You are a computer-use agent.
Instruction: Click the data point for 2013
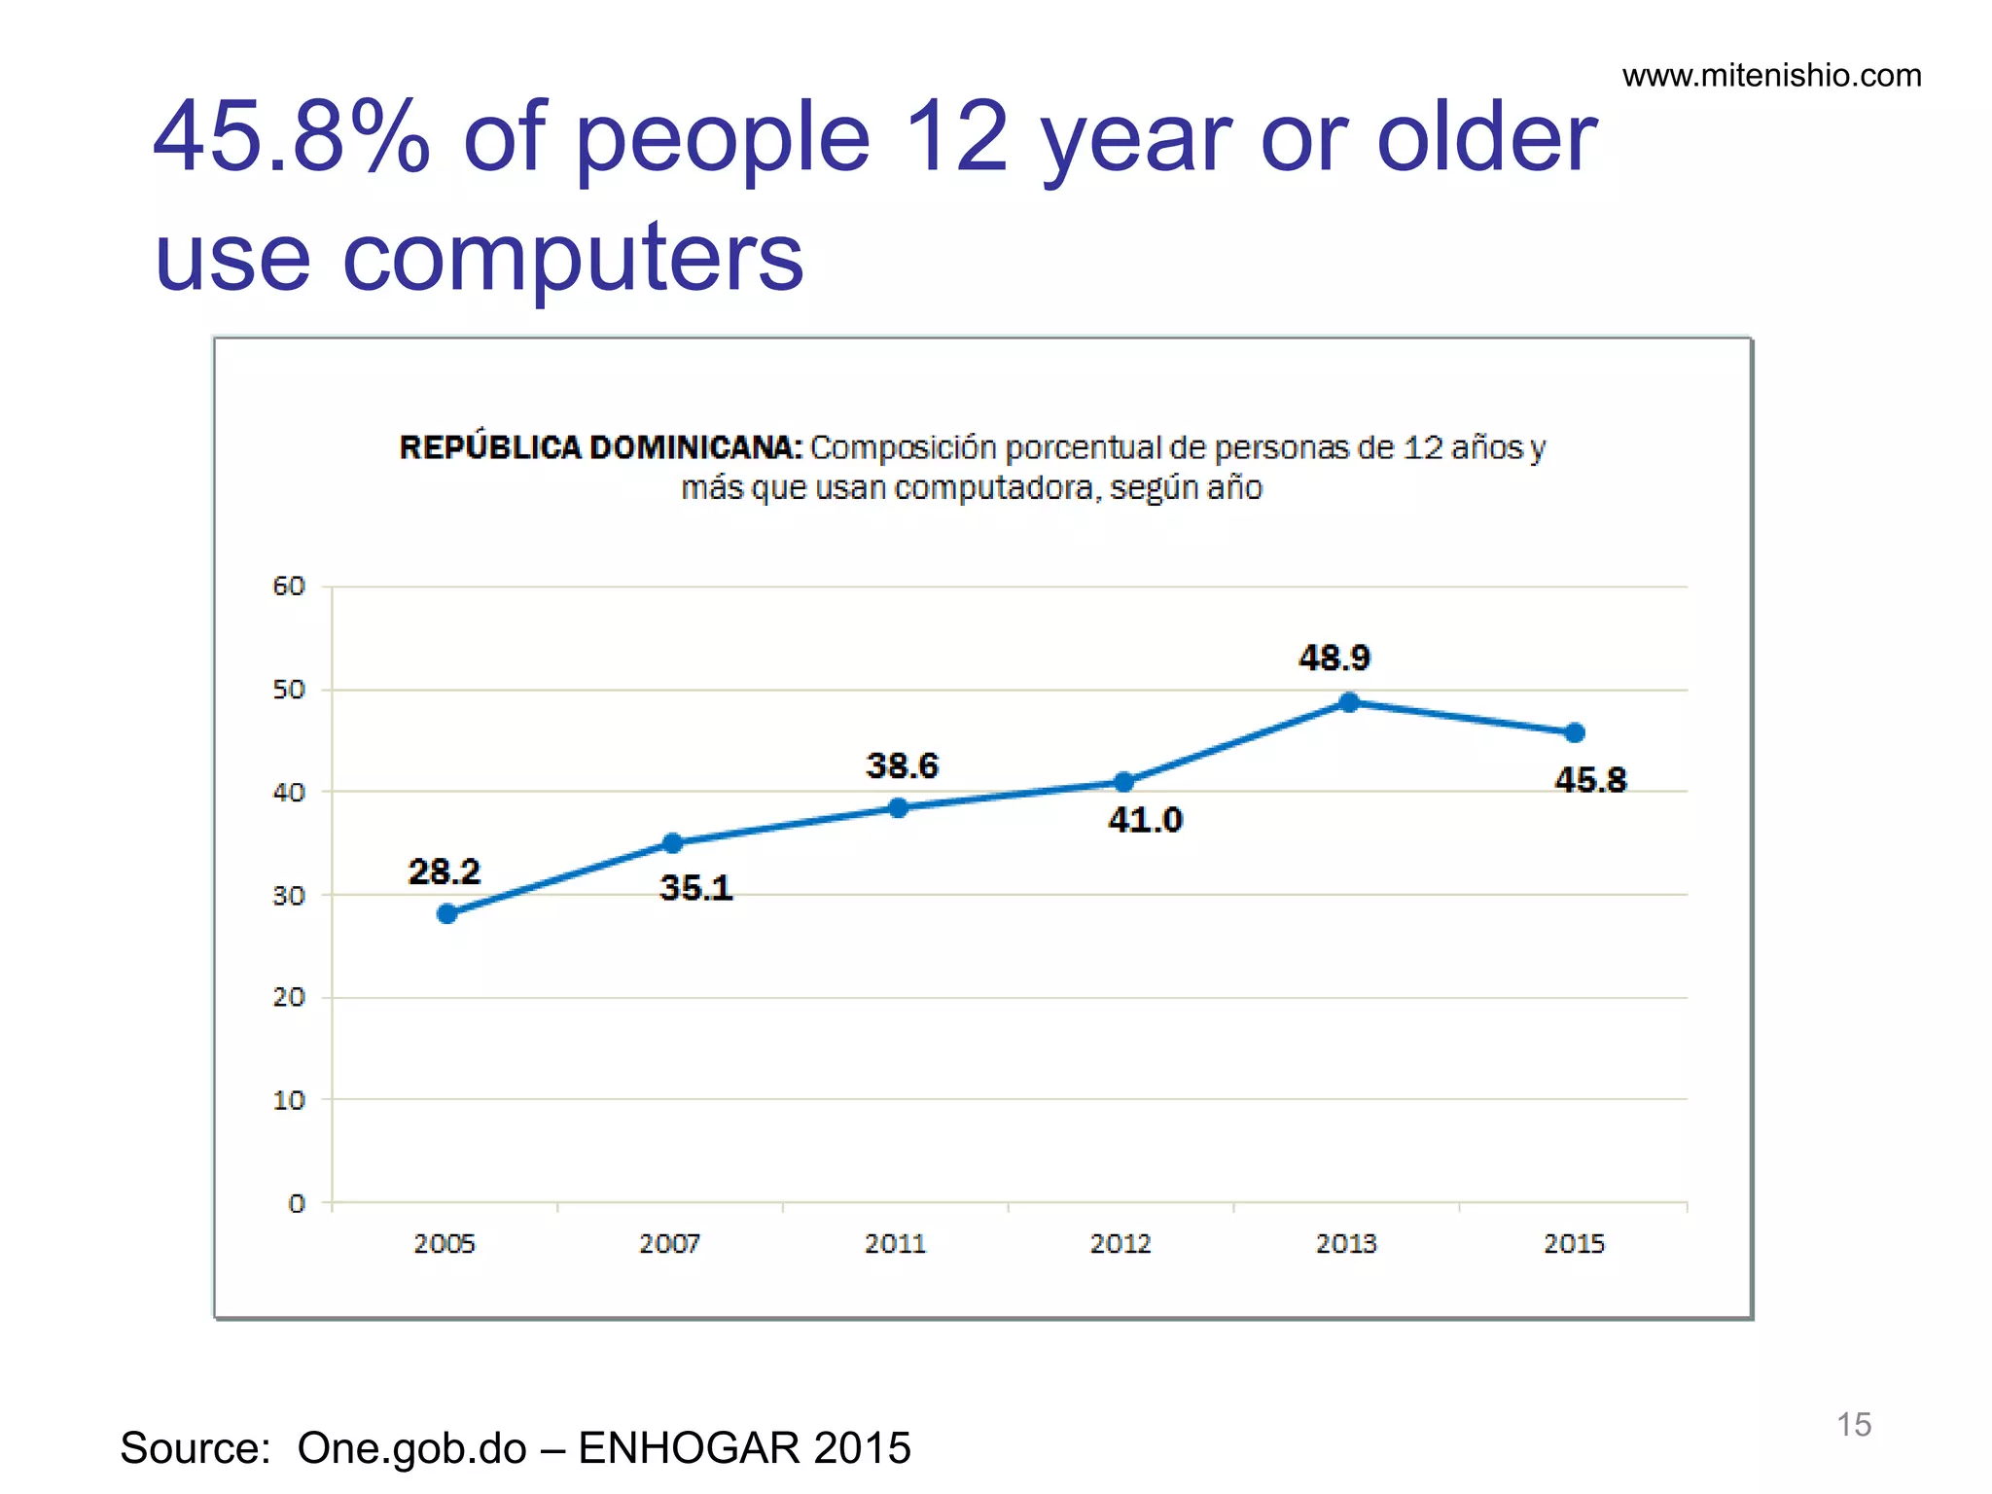pyautogui.click(x=1348, y=701)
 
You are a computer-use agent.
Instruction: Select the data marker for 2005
pyautogui.click(x=447, y=913)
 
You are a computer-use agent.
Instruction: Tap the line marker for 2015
pyautogui.click(x=1574, y=732)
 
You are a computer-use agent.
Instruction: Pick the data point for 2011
pyautogui.click(x=898, y=807)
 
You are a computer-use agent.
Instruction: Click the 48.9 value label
pyautogui.click(x=1334, y=658)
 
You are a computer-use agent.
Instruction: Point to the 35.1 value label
pyautogui.click(x=695, y=888)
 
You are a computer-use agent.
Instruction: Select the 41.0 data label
pyautogui.click(x=1145, y=820)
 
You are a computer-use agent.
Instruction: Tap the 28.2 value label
pyautogui.click(x=444, y=871)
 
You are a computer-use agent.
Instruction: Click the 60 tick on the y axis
pyautogui.click(x=289, y=587)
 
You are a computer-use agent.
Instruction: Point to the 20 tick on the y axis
pyautogui.click(x=289, y=998)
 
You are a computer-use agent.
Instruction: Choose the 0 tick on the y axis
pyautogui.click(x=297, y=1204)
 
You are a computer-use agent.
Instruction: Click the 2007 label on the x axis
pyautogui.click(x=669, y=1244)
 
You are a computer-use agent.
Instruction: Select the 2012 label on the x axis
pyautogui.click(x=1120, y=1244)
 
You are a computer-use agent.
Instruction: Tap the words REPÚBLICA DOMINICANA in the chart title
pyautogui.click(x=600, y=447)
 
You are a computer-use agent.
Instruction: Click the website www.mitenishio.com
pyautogui.click(x=1771, y=76)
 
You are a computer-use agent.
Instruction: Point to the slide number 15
pyautogui.click(x=1853, y=1425)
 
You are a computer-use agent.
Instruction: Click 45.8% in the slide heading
pyautogui.click(x=291, y=138)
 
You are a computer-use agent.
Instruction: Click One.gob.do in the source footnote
pyautogui.click(x=411, y=1448)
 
